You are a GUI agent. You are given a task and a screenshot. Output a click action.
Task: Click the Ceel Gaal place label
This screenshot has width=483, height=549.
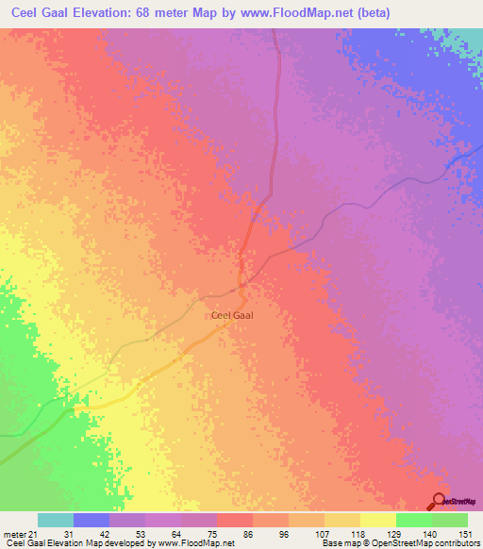pyautogui.click(x=231, y=316)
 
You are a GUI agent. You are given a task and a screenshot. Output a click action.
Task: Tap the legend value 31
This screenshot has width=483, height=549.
pyautogui.click(x=69, y=533)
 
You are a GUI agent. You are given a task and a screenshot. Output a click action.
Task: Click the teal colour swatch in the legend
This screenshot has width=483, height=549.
pyautogui.click(x=56, y=520)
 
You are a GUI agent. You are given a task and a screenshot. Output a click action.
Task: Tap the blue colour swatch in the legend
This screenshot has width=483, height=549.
pyautogui.click(x=92, y=520)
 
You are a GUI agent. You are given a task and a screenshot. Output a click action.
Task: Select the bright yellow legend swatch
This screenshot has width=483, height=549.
pyautogui.click(x=377, y=520)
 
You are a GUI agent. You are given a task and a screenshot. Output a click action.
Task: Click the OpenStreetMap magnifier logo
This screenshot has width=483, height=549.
pyautogui.click(x=438, y=502)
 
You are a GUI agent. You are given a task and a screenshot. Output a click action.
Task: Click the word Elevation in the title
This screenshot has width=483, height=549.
pyautogui.click(x=104, y=12)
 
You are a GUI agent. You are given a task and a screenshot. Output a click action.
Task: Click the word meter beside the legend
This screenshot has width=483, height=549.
pyautogui.click(x=15, y=533)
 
